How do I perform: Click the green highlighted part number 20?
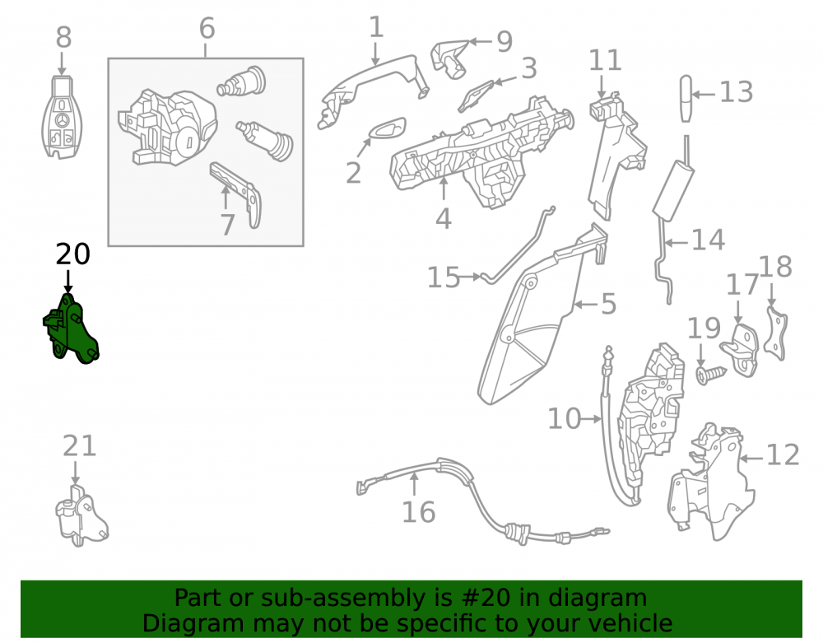72,329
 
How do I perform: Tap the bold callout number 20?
73,254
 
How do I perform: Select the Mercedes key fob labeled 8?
62,117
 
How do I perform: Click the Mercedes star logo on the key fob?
62,120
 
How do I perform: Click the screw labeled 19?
711,375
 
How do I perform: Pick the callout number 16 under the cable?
418,512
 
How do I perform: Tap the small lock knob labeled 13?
686,99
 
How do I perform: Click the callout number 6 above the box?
207,28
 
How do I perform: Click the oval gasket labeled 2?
388,128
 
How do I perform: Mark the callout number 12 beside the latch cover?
783,454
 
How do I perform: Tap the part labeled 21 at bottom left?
81,515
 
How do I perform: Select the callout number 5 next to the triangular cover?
608,304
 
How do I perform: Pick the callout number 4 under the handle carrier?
444,219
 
